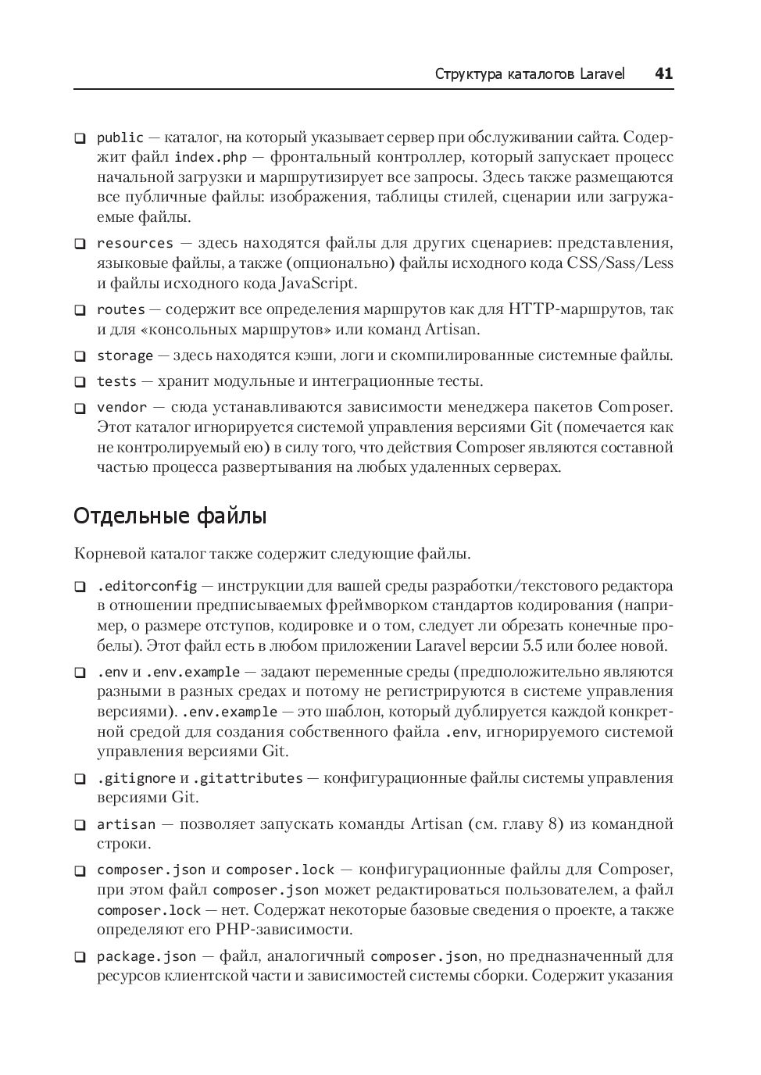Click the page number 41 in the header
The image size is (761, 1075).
pos(663,74)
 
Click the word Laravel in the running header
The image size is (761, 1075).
pos(602,74)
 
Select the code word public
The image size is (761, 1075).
pos(120,137)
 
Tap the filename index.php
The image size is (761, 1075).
pos(210,158)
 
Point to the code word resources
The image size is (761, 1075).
pos(134,243)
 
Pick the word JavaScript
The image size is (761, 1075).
pos(316,283)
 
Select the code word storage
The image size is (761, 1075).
pos(124,356)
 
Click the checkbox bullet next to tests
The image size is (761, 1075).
pos(80,383)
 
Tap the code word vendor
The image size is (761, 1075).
pos(122,407)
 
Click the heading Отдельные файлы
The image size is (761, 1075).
pos(170,516)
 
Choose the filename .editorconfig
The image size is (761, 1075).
pos(147,586)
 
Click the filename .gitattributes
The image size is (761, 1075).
pos(248,778)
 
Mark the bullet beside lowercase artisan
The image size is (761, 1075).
pos(80,825)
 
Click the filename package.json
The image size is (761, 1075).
pos(146,956)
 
